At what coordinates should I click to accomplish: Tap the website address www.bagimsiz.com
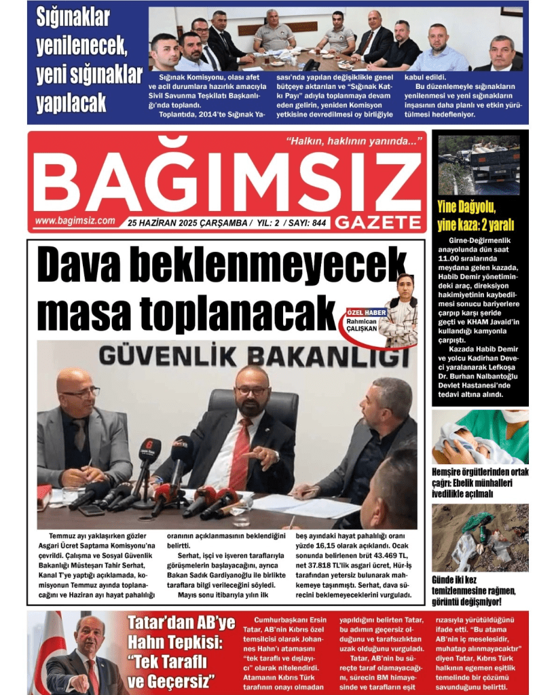point(75,221)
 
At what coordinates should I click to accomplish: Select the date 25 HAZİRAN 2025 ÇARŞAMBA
point(187,222)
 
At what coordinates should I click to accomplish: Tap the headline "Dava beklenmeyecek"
point(221,265)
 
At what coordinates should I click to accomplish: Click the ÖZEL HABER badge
point(367,312)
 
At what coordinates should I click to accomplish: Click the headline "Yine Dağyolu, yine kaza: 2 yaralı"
point(475,215)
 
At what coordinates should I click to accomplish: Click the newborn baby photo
point(479,437)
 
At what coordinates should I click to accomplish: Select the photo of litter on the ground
point(479,538)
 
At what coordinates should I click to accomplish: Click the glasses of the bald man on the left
point(81,393)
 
